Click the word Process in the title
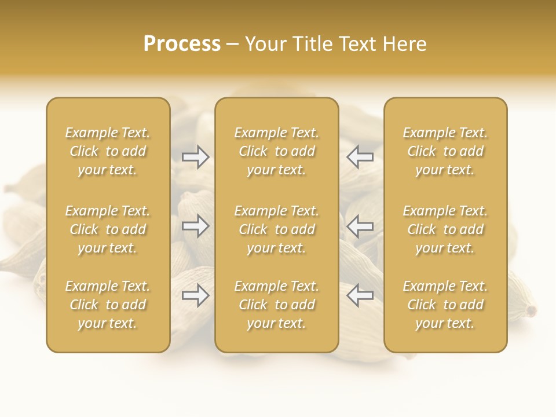click(x=182, y=44)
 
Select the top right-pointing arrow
click(x=196, y=156)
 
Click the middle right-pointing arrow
click(x=196, y=226)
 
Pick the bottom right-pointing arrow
click(x=196, y=295)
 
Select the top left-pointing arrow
click(x=360, y=156)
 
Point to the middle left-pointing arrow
click(x=360, y=226)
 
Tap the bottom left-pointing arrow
click(x=360, y=295)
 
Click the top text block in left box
click(x=108, y=151)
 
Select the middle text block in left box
click(x=108, y=229)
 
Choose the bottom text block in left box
click(x=108, y=305)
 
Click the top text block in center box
click(x=276, y=151)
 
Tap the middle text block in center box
click(x=276, y=229)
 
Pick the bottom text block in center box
click(x=276, y=305)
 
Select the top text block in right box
click(x=445, y=151)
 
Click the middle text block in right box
click(x=445, y=229)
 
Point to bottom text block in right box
click(x=445, y=305)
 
